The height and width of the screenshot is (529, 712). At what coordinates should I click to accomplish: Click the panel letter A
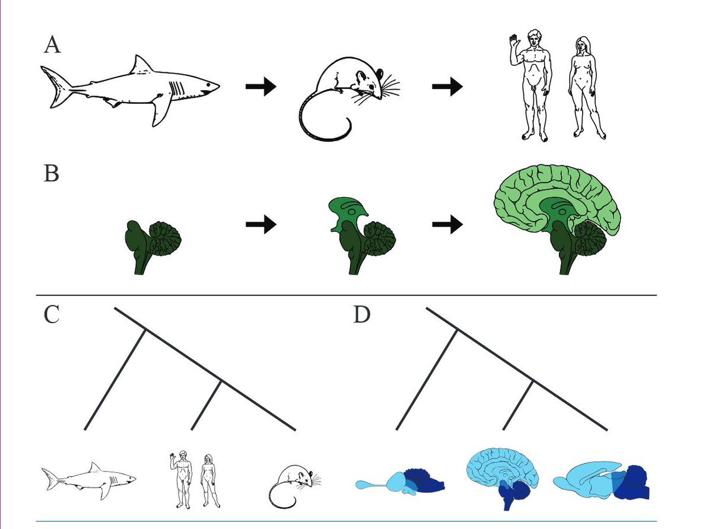52,45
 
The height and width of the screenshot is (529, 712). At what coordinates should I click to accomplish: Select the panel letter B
51,174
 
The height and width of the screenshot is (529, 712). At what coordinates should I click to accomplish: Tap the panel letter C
52,315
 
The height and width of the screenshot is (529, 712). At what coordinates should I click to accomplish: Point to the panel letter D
361,315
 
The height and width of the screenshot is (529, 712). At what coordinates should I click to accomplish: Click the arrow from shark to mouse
260,87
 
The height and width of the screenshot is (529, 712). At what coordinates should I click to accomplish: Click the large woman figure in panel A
582,89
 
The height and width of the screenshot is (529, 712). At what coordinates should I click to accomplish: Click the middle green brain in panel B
361,237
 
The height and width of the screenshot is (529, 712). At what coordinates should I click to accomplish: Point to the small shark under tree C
89,477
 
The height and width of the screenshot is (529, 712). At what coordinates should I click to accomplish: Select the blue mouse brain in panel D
602,479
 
